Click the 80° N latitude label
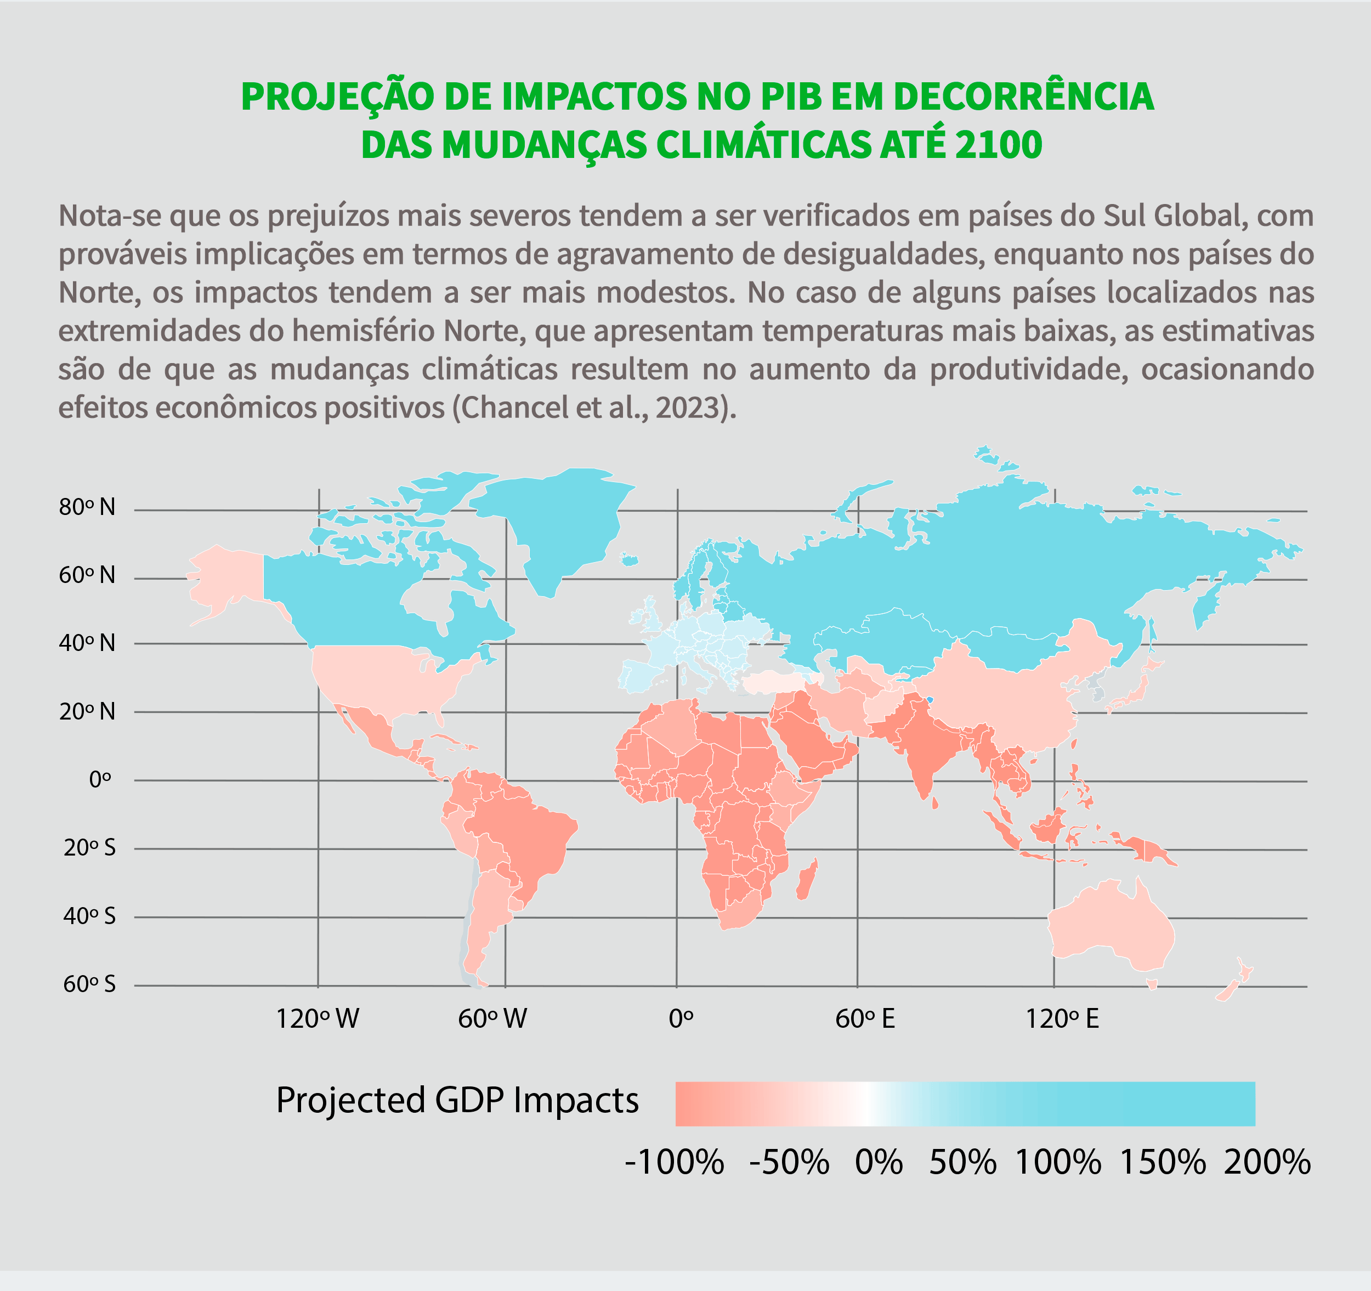[87, 508]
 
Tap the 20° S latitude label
[89, 847]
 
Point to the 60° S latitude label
[89, 984]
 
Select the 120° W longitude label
[318, 1018]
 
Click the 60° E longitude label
[865, 1018]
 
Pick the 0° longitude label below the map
[681, 1018]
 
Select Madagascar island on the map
[806, 879]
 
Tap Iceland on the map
[628, 559]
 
